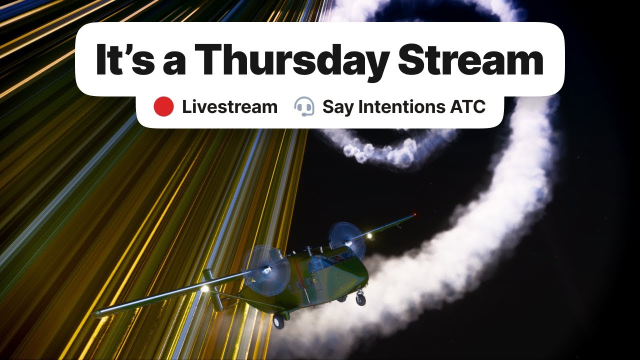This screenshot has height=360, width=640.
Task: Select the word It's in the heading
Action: [x=122, y=59]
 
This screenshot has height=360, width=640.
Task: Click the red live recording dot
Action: [x=163, y=107]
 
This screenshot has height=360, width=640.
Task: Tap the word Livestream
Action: [x=229, y=107]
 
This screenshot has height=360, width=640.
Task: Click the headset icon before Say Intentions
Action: [x=304, y=107]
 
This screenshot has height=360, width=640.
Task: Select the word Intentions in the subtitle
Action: [x=394, y=107]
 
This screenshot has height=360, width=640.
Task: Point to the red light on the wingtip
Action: [x=414, y=215]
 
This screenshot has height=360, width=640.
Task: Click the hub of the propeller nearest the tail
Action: [x=265, y=271]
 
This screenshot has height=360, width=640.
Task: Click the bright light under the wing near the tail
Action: [x=204, y=288]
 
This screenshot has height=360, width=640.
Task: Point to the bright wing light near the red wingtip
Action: [x=369, y=236]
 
